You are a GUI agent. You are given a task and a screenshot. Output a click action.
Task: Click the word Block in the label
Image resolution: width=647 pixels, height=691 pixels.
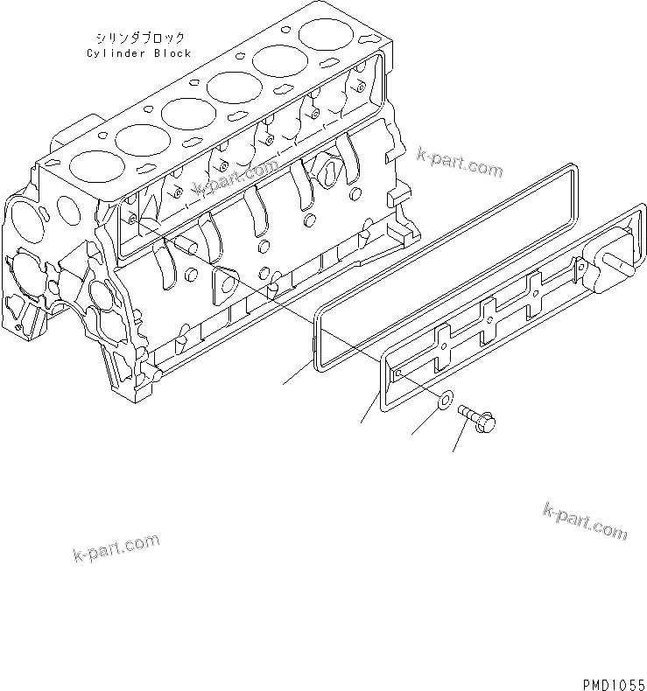click(x=171, y=53)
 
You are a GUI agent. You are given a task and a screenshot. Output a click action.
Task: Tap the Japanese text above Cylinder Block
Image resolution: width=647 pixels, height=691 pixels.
click(x=139, y=38)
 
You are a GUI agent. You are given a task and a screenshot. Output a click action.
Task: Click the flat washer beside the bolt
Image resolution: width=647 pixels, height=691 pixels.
click(x=444, y=402)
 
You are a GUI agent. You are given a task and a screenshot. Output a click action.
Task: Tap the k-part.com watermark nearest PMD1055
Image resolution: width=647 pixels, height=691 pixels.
click(x=585, y=520)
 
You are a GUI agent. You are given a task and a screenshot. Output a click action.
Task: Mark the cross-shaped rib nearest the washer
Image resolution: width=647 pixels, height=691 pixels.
click(x=444, y=345)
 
